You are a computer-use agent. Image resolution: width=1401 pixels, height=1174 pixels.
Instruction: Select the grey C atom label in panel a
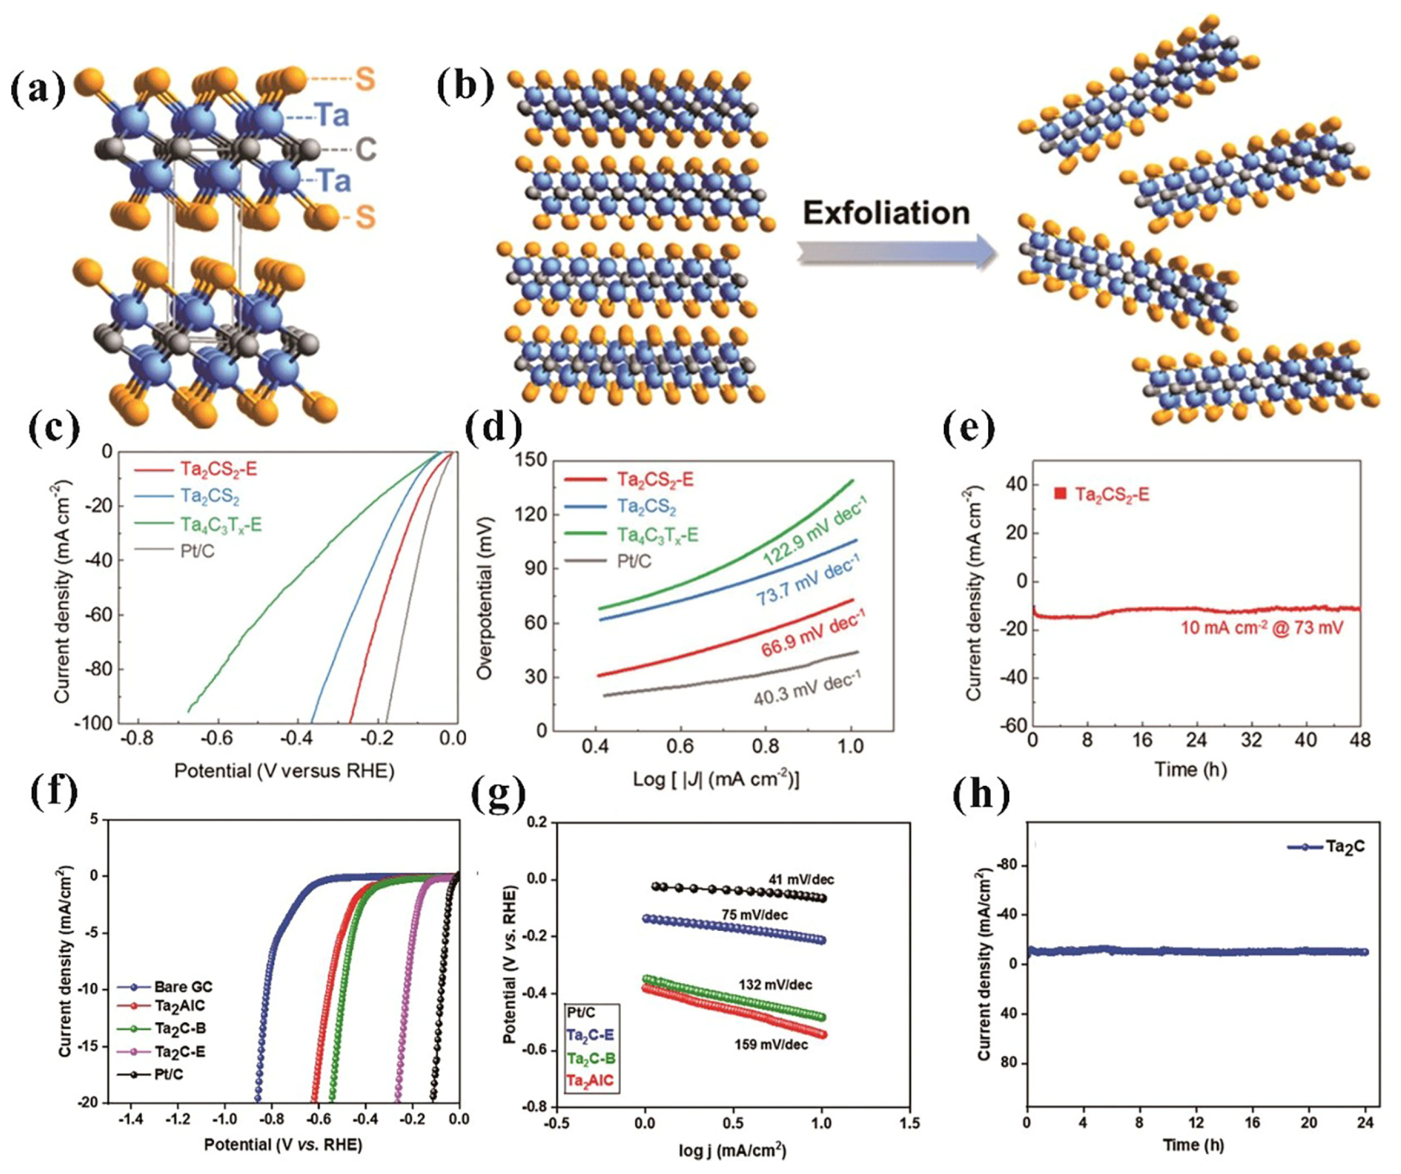coord(366,149)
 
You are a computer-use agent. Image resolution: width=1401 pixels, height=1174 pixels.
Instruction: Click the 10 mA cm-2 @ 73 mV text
coord(1261,627)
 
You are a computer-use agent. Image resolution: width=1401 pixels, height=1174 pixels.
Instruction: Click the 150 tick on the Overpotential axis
coord(531,461)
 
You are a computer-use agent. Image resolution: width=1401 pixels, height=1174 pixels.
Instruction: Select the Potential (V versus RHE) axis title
coord(284,771)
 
